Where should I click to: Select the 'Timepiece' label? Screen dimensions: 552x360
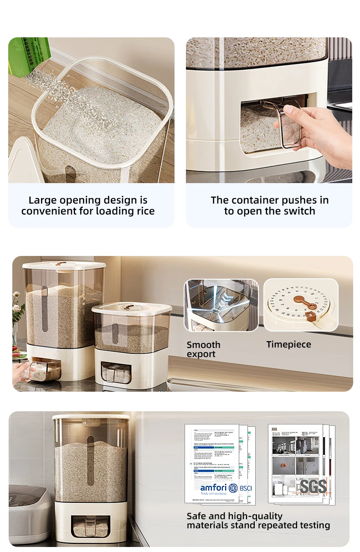[289, 345]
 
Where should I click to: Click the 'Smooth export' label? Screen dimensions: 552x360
[204, 349]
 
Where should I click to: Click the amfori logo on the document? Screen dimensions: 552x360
[213, 488]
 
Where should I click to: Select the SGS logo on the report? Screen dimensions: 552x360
[313, 486]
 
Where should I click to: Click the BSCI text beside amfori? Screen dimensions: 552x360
[246, 488]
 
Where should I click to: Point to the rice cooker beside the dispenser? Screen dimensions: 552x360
[29, 512]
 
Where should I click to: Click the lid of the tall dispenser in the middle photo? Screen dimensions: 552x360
[64, 265]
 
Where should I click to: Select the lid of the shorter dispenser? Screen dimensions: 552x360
[132, 307]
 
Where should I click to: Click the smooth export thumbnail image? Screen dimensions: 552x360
[221, 305]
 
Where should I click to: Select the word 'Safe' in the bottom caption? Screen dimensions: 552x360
[197, 516]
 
